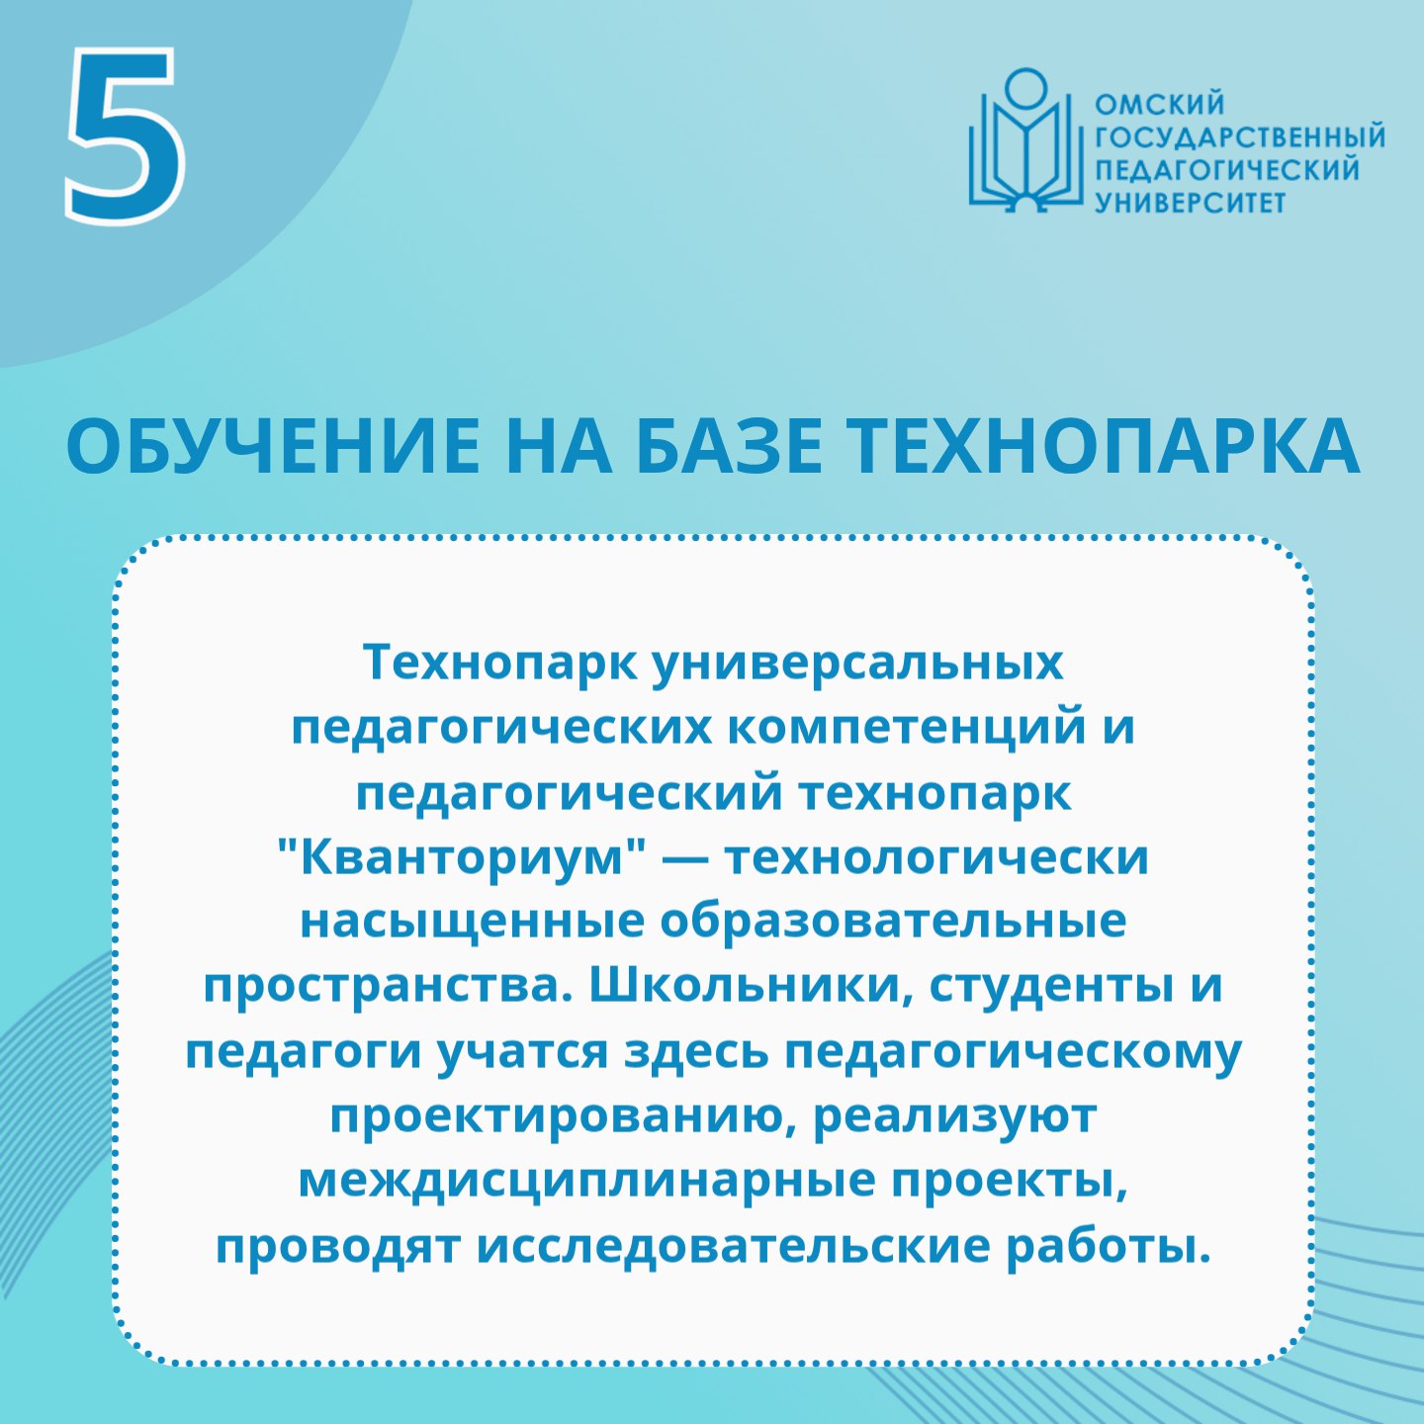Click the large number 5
(125, 135)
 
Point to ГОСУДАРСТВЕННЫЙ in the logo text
(1240, 137)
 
